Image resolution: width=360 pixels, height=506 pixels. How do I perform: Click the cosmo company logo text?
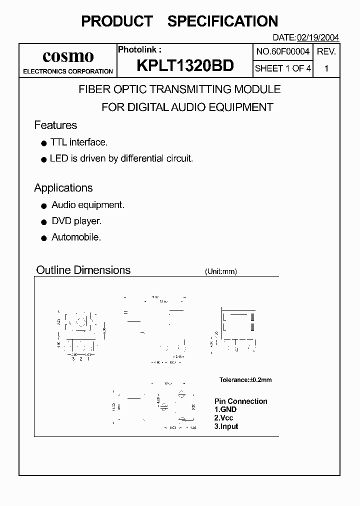(68, 55)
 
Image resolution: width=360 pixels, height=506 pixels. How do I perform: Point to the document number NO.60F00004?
(283, 51)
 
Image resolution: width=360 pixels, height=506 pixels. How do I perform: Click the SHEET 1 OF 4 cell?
(283, 68)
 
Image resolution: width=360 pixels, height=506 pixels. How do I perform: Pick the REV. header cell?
(326, 51)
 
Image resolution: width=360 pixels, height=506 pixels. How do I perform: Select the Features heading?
(55, 125)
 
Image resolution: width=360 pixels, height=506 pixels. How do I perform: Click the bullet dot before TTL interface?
(43, 143)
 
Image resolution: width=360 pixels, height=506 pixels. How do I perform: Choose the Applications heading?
(63, 188)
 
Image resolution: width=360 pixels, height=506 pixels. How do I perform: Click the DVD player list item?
(76, 221)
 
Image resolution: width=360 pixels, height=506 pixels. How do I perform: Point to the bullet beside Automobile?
(43, 238)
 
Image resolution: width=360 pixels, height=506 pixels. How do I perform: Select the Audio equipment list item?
(88, 205)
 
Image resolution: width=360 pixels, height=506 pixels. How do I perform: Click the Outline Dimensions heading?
(83, 270)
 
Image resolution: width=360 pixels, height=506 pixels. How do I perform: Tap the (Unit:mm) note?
(220, 271)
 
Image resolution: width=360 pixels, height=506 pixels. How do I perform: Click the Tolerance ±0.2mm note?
(245, 380)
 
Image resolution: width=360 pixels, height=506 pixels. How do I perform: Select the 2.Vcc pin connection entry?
(224, 418)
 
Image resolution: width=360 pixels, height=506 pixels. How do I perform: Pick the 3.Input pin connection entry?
(226, 426)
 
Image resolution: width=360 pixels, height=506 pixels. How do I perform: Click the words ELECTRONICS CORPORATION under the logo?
(68, 71)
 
